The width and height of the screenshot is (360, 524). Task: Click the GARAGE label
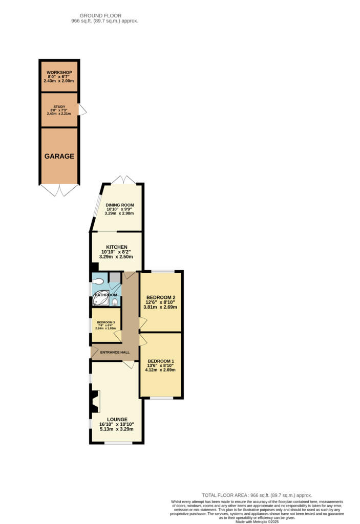pos(59,157)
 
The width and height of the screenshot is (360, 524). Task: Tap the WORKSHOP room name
pos(59,72)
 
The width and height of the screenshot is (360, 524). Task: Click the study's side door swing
pos(82,110)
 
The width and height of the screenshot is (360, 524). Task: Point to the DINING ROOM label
pos(120,205)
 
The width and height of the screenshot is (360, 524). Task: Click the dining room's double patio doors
pos(123,180)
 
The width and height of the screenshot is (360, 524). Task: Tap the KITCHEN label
pos(117,247)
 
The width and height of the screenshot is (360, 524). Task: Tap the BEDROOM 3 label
pos(106,322)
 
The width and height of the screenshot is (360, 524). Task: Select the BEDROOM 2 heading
pos(161,297)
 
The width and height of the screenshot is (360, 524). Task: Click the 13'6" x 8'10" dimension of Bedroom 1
pos(161,365)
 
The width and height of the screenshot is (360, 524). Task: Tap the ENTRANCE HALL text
pos(115,352)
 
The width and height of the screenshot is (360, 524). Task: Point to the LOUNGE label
pos(117,419)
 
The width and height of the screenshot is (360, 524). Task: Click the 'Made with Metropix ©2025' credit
pos(257,521)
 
